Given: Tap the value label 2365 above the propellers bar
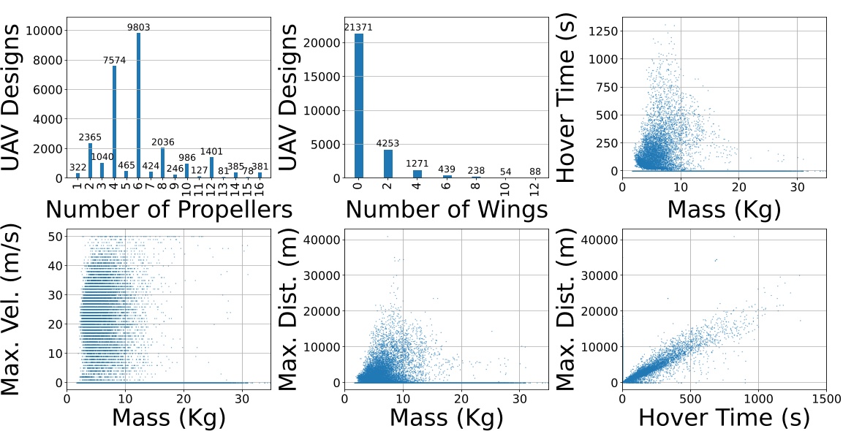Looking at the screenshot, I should (91, 137).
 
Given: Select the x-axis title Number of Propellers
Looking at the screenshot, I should (169, 210).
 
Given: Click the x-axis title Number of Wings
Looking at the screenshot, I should (447, 210).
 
